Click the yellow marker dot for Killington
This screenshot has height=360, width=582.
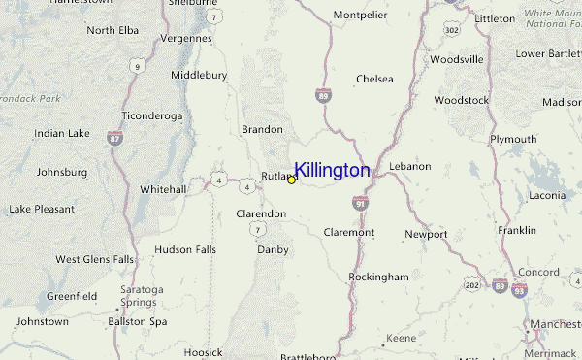tap(291, 180)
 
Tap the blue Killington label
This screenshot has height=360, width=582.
tap(331, 171)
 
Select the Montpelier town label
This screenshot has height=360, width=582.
tap(360, 16)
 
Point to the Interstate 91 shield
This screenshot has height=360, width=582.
tap(361, 204)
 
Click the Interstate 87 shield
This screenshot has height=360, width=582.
tap(116, 140)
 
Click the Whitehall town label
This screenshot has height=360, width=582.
tap(163, 189)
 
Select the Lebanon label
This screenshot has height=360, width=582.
tap(409, 167)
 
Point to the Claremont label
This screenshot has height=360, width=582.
tap(348, 233)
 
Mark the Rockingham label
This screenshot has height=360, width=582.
tap(379, 277)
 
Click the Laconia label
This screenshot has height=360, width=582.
tap(547, 195)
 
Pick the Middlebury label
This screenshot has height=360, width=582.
tap(199, 75)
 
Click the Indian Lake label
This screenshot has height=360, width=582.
tap(61, 133)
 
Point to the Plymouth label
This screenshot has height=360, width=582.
tap(513, 140)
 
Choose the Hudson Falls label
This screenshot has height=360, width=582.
tap(185, 249)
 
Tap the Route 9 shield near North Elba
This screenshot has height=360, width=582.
tap(138, 67)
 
